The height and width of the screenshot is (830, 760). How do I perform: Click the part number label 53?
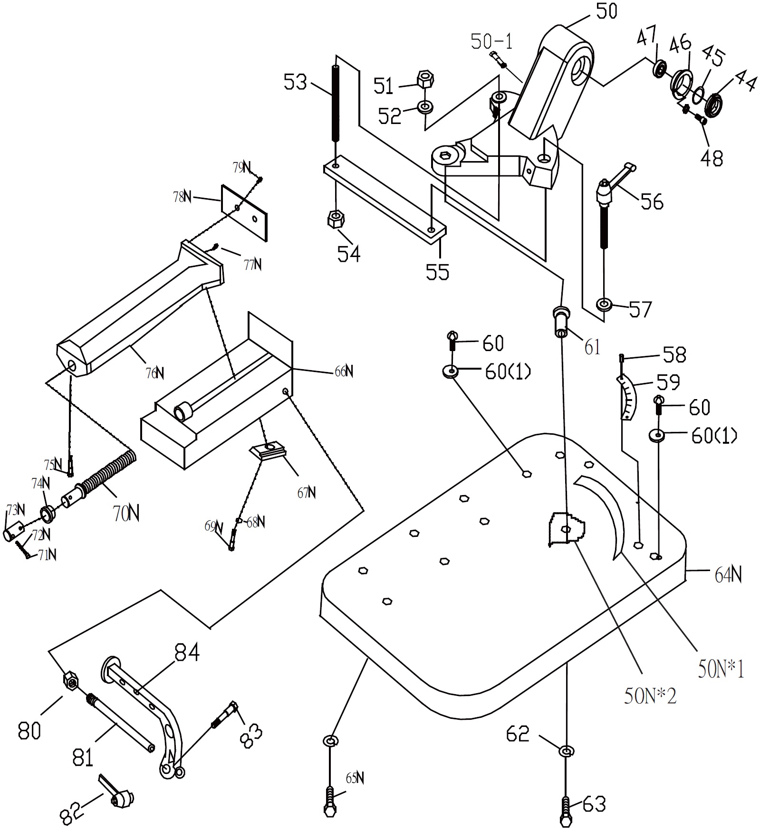click(x=295, y=82)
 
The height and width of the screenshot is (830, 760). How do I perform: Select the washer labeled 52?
click(x=425, y=106)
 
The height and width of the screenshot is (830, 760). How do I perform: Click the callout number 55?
click(x=438, y=272)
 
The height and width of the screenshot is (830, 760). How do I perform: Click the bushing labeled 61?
click(x=561, y=322)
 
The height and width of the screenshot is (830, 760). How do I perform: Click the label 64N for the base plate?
click(x=728, y=576)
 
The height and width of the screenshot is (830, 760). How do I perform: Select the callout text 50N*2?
click(x=650, y=696)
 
